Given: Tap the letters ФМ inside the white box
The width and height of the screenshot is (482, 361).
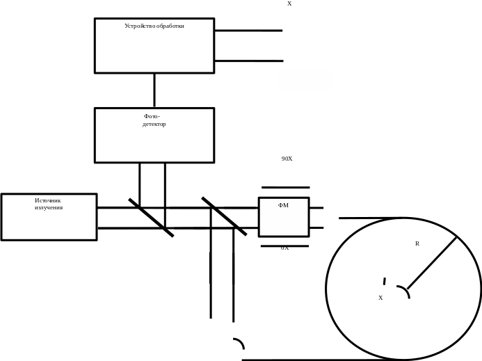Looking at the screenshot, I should [x=284, y=206].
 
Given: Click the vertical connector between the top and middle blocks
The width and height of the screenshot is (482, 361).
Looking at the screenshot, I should [x=154, y=90].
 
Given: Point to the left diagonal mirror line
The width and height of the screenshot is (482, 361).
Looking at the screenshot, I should [x=151, y=217].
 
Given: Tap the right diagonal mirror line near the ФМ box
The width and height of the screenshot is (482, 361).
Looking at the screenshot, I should [x=224, y=216].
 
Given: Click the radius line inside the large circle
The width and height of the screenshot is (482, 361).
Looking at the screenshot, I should [x=432, y=262].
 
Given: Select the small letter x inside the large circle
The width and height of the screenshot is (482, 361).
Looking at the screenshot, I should [x=380, y=298].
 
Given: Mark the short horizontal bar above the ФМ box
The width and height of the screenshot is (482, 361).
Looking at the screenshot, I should [x=285, y=187].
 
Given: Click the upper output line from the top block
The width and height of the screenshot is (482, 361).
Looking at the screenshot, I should [x=248, y=31].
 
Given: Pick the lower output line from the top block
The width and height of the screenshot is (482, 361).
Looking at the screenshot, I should [x=248, y=61].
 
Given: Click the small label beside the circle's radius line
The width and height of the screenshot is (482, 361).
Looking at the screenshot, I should [x=417, y=243].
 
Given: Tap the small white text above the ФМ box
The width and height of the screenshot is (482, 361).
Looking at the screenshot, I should [x=287, y=159].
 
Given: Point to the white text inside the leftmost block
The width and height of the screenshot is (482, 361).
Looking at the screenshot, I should [x=49, y=204].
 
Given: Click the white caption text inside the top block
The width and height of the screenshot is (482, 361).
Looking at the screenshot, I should [x=154, y=26].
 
